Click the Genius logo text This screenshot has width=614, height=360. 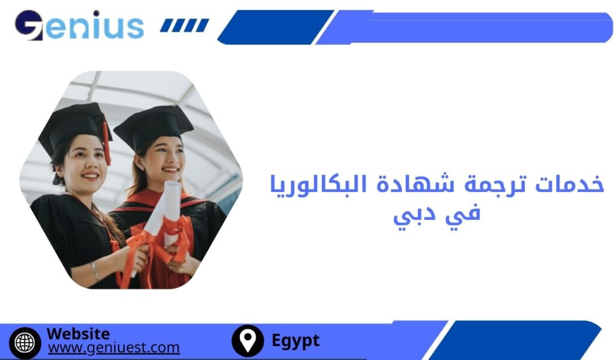(x=79, y=25)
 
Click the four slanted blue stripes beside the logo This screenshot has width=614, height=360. (x=185, y=25)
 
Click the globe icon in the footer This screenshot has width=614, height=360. (x=25, y=342)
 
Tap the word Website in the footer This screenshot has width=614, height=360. (x=78, y=334)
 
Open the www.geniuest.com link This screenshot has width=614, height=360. (x=113, y=347)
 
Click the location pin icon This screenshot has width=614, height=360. (x=247, y=341)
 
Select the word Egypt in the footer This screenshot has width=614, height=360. (x=296, y=341)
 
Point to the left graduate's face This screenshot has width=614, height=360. (x=82, y=161)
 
